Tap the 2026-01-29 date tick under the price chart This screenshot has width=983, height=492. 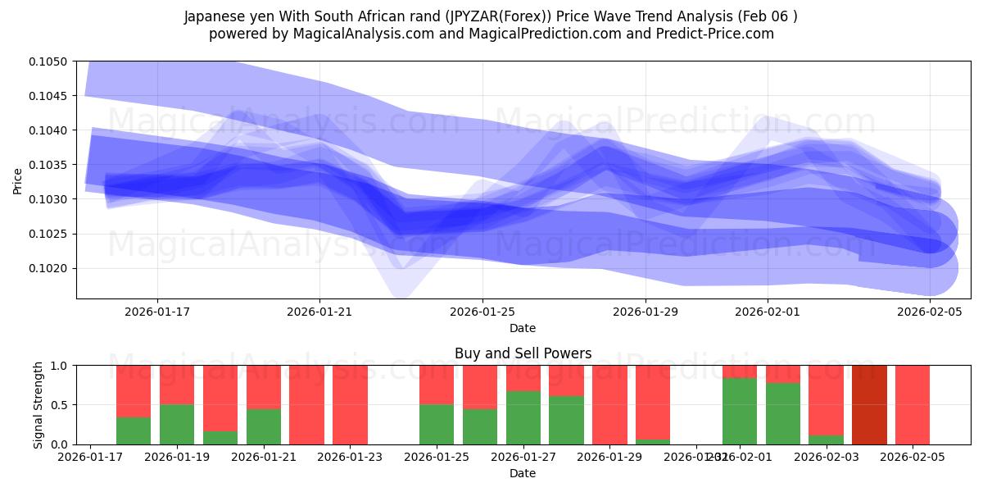pos(646,312)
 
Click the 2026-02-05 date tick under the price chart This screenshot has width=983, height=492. pos(930,312)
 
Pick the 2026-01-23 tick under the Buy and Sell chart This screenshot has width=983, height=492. pos(350,458)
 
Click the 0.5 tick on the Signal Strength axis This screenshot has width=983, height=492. pos(62,405)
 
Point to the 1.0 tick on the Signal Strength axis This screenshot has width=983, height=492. pos(62,365)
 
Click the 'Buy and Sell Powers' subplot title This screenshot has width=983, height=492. pos(523,354)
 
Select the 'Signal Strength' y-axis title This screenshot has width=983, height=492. pos(39,404)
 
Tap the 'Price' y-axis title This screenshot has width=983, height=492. pos(18,180)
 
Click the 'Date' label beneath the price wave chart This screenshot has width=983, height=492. pos(523,328)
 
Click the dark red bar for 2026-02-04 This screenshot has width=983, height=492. pos(869,404)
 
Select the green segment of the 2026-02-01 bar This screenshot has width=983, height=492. pos(740,411)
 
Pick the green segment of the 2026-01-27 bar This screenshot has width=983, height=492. pos(523,417)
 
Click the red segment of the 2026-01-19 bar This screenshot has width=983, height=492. pos(177,385)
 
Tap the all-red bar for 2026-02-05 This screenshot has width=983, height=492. pos(913,404)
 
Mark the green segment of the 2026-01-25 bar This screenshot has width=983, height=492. pos(437,424)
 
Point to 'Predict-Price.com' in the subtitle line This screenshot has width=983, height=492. pos(717,34)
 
